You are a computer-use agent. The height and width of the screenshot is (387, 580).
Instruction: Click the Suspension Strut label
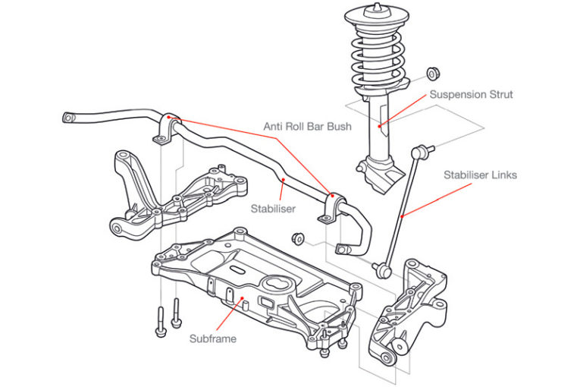pos(471,95)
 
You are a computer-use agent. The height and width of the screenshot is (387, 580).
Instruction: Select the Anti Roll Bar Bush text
pos(307,126)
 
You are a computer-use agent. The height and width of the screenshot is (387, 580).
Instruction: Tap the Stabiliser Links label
pos(480,175)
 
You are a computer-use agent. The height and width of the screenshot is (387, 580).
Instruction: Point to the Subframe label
pos(212,339)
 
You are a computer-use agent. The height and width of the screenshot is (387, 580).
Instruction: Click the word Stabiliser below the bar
pos(274,206)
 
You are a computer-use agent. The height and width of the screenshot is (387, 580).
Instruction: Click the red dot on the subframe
pos(243,300)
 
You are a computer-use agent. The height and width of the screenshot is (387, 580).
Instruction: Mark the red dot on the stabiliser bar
pos(283,180)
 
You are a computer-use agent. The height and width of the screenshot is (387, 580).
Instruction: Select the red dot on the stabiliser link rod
pos(401,217)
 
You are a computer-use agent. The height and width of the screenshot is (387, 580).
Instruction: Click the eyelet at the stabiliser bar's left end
pos(71,118)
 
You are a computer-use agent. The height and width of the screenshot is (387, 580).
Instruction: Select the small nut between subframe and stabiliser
pos(298,238)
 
